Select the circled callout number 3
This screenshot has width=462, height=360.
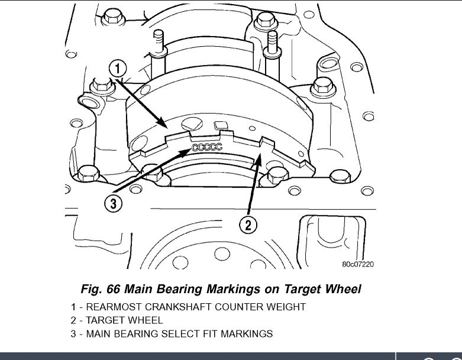point(114,205)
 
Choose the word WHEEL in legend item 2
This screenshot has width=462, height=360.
point(146,320)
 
